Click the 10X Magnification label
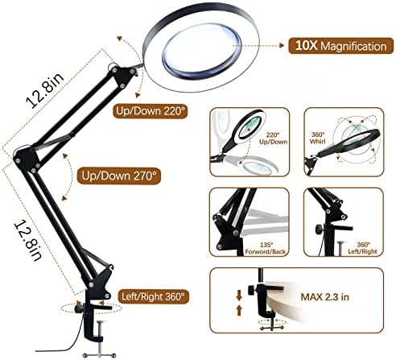340,46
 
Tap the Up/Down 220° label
151,111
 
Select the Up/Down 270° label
119,176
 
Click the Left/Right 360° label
153,296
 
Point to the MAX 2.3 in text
324,297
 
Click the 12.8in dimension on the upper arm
45,89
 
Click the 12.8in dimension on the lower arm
27,240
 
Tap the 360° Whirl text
318,138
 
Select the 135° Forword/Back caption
265,248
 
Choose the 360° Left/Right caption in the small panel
363,248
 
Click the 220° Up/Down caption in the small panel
273,139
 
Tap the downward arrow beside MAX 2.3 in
239,296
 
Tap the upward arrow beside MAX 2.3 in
239,310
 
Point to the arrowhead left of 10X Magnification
282,45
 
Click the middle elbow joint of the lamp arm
27,159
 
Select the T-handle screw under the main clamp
100,339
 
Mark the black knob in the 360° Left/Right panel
319,229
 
